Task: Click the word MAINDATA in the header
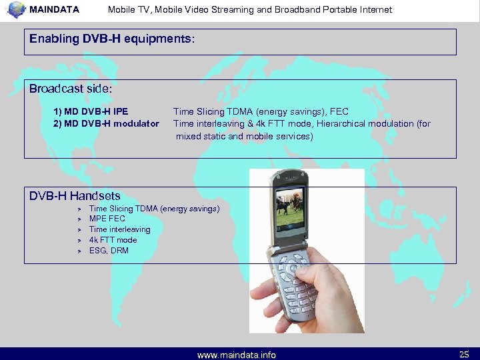pos(55,10)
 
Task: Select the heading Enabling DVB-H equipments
pos(111,39)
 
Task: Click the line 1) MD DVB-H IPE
pos(91,111)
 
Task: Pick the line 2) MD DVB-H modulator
pos(106,123)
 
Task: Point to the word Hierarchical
pos(342,123)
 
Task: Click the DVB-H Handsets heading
pos(75,196)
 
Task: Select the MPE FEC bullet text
pos(107,219)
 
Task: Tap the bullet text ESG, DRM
pos(109,251)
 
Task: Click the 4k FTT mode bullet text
pos(113,240)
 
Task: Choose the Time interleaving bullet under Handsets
pos(119,229)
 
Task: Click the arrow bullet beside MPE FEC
pos(78,219)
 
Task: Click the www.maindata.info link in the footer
pos(237,355)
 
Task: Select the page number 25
pos(464,354)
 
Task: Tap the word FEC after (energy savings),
pos(339,111)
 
